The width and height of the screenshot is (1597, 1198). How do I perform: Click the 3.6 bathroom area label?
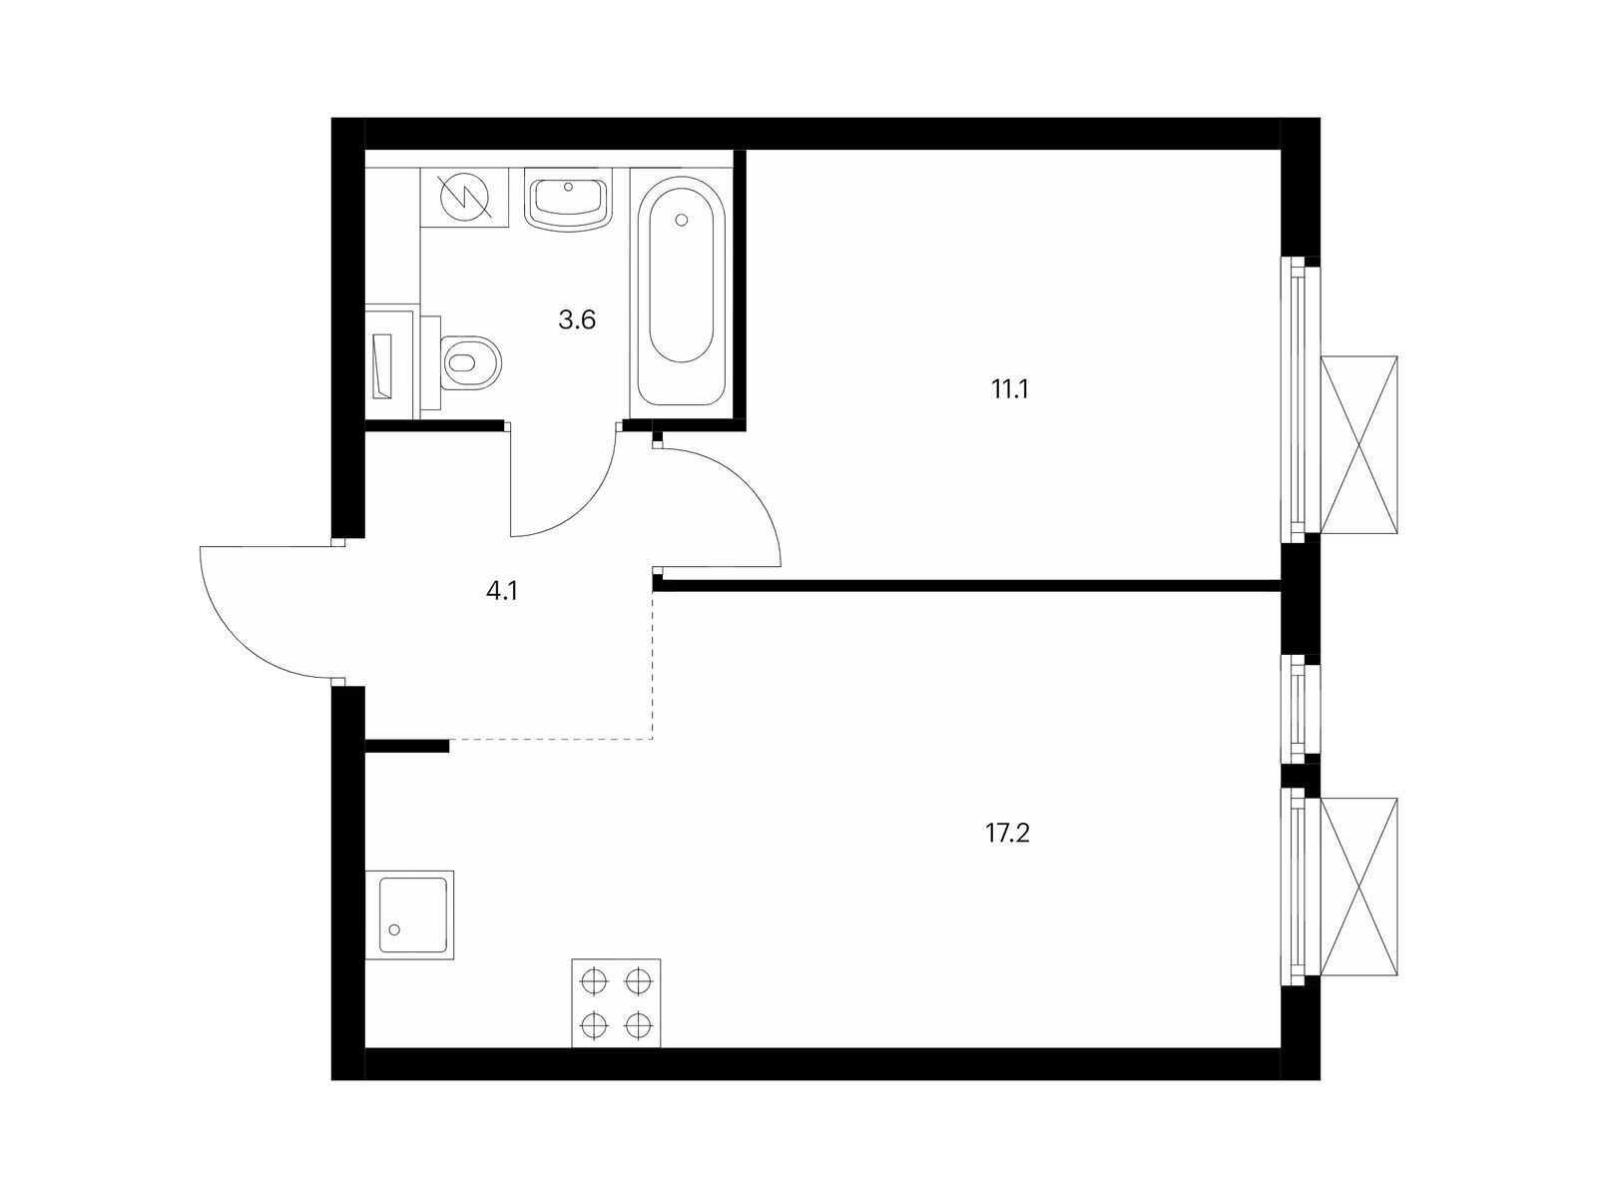coord(577,319)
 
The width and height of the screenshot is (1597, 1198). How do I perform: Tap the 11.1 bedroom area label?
coord(1010,390)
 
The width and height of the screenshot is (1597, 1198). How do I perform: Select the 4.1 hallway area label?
coord(502,591)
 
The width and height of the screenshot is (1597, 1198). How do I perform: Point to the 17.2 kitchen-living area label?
coord(1008,834)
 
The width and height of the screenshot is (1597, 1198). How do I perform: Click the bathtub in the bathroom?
coord(681,293)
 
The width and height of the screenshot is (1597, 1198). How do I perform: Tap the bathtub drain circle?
coord(681,220)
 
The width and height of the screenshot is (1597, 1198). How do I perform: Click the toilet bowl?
coord(471,362)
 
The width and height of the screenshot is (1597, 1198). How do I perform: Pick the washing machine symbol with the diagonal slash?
coord(465,197)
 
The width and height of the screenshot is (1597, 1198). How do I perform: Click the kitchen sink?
coord(409,914)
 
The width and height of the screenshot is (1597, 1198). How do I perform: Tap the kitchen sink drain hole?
coord(395,929)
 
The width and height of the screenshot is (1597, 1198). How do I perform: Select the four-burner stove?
coord(616,1003)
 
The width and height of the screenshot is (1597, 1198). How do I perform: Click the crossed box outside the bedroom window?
coord(1358,445)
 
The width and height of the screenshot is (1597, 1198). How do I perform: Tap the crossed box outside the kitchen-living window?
coord(1358,887)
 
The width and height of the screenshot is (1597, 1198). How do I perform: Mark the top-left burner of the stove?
coord(594,980)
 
